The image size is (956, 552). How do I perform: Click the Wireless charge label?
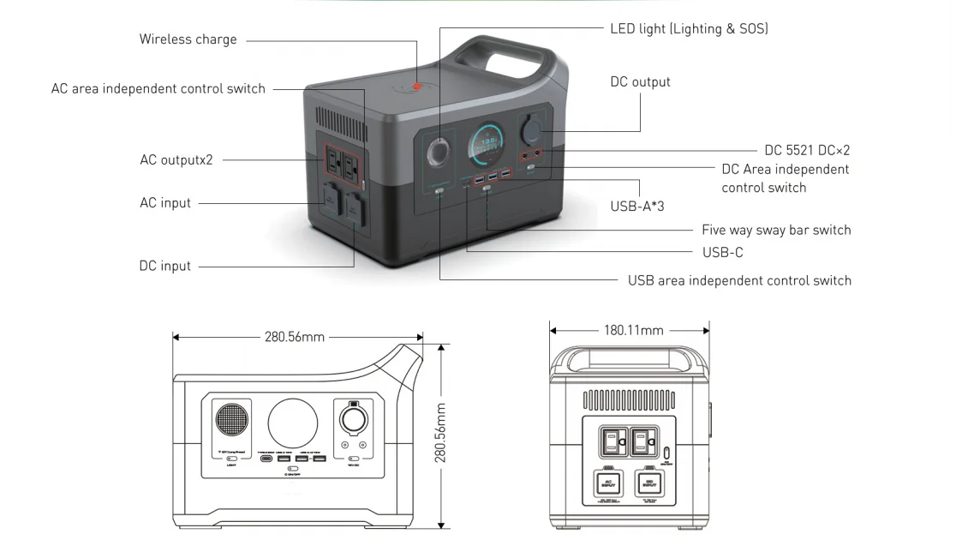(188, 39)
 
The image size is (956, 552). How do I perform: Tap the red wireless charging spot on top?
(417, 87)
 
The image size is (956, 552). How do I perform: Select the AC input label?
(165, 203)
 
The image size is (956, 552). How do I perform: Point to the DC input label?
(165, 266)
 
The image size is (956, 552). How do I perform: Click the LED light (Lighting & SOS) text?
(689, 29)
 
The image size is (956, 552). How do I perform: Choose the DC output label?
(640, 82)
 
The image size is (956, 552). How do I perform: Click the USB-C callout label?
(722, 252)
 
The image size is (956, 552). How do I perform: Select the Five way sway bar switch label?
(776, 230)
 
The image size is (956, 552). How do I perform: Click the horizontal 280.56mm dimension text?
(294, 337)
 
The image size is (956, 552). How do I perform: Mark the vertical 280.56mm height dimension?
(441, 433)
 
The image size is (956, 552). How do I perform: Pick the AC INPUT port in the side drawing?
(609, 483)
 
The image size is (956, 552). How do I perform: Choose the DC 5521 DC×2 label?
(807, 150)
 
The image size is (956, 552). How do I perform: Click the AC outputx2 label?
(176, 159)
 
